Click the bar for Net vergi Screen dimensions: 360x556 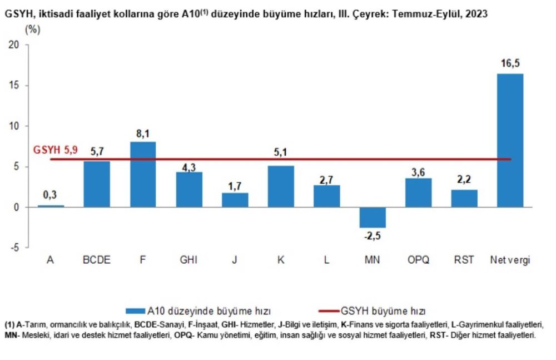510,140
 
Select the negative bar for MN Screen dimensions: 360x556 373,218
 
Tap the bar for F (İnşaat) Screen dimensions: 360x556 143,174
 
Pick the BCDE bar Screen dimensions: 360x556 97,184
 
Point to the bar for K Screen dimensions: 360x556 281,186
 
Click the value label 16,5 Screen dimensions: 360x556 510,63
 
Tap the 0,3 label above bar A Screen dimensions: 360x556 51,195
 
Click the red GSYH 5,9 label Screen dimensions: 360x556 56,150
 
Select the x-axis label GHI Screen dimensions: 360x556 188,260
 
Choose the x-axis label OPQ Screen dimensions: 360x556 418,260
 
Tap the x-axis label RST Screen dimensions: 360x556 464,260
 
